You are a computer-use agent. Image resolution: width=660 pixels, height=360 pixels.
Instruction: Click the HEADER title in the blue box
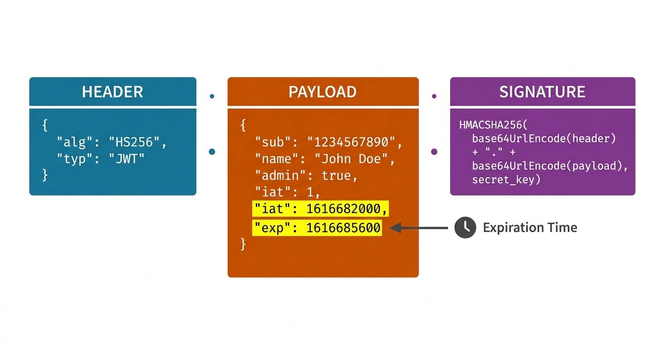click(x=112, y=92)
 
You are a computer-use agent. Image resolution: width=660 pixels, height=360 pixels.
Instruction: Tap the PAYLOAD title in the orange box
click(x=322, y=92)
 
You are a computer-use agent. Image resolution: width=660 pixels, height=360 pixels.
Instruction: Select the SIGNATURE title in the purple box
click(x=542, y=92)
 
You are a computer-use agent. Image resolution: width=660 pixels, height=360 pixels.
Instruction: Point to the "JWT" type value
click(x=127, y=158)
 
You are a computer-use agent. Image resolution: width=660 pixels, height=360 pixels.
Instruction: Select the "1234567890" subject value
click(x=354, y=142)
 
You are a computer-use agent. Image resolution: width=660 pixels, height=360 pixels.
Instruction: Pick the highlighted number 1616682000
click(x=346, y=210)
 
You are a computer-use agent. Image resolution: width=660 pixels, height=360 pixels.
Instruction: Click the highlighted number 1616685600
click(x=343, y=228)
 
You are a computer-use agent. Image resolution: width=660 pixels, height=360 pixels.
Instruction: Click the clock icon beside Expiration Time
click(x=465, y=228)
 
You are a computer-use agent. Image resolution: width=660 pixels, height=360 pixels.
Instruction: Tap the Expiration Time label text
click(x=530, y=228)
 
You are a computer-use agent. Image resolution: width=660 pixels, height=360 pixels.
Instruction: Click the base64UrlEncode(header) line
click(x=544, y=139)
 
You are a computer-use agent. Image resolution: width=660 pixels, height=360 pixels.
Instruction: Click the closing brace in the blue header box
click(x=45, y=175)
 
